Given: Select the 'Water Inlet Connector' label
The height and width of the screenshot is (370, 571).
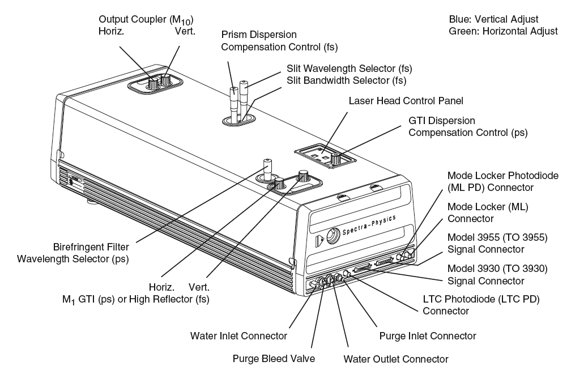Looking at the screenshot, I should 238,336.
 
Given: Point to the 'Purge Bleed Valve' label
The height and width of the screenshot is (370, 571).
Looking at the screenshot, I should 274,359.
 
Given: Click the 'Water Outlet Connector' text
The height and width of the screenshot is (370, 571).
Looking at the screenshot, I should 396,359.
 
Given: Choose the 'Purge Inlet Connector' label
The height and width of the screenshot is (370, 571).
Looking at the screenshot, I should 428,336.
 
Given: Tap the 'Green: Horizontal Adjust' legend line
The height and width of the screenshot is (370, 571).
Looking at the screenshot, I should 502,31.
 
